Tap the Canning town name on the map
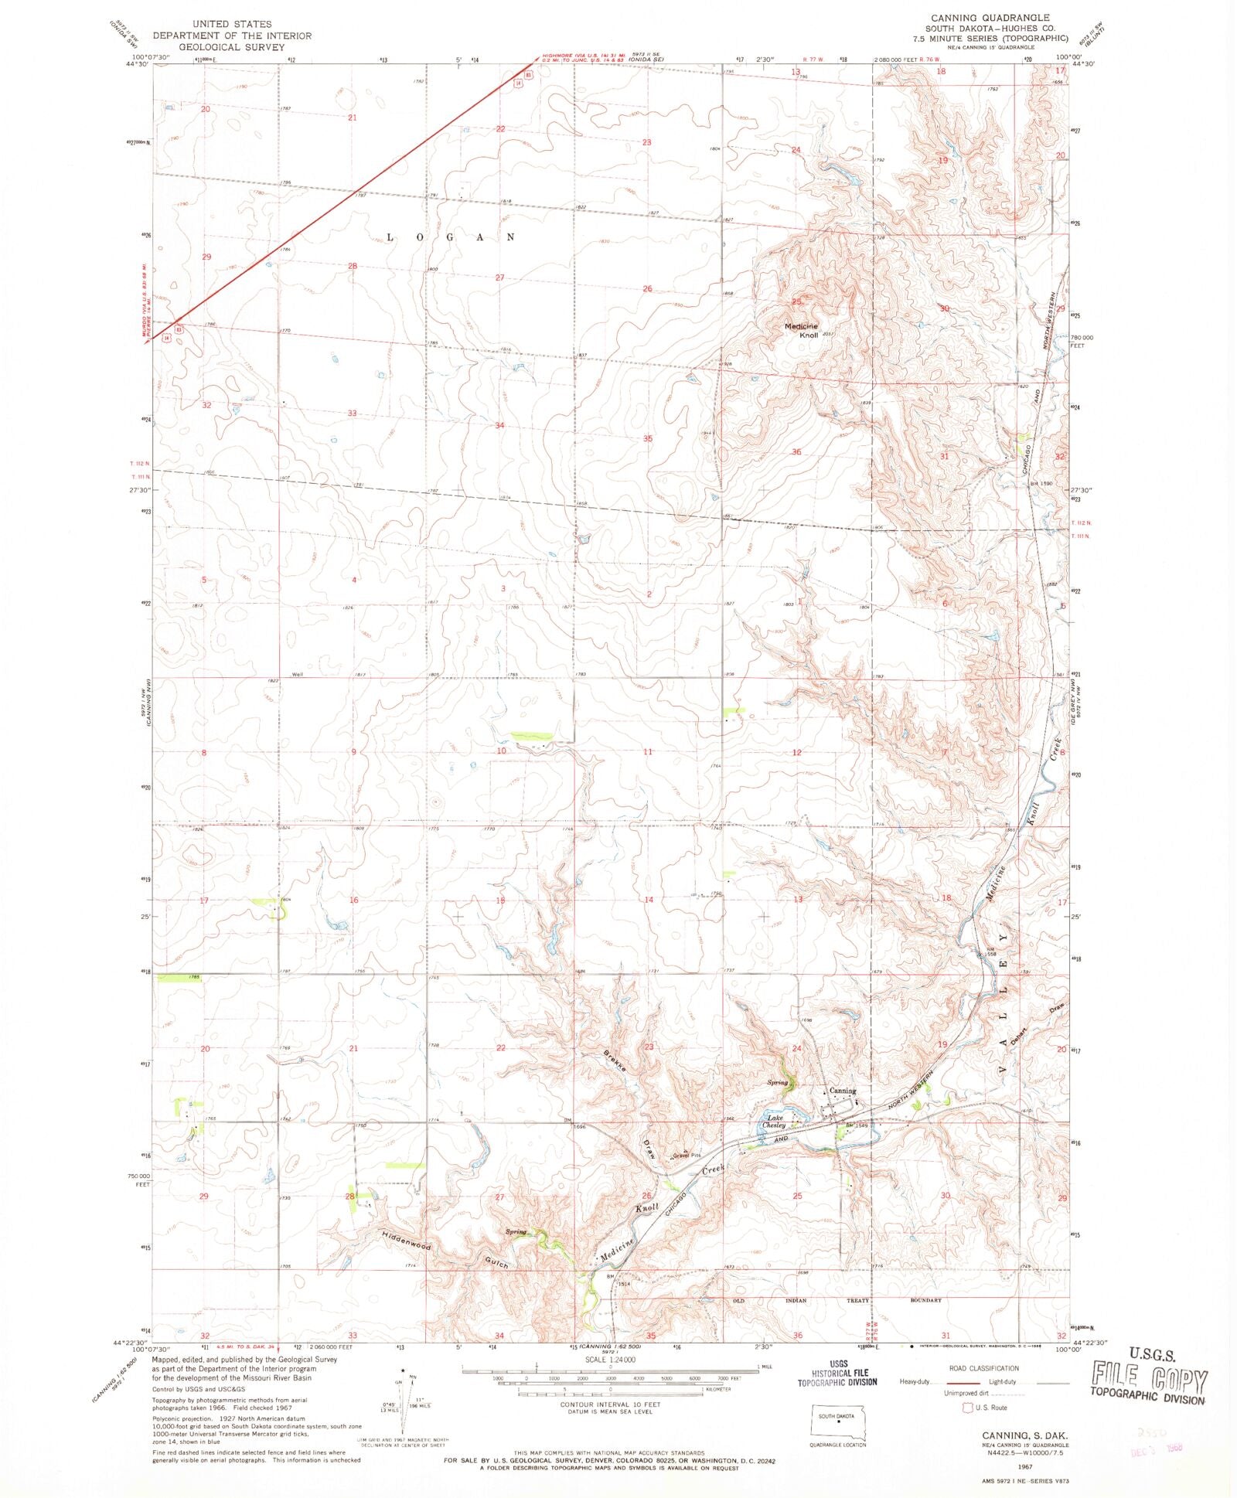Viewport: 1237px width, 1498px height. [843, 1091]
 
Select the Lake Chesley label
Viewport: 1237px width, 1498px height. [775, 1122]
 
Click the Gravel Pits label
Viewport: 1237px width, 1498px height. [687, 1156]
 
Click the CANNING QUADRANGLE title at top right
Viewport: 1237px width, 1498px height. [990, 17]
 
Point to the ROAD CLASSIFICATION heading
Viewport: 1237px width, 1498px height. [983, 1368]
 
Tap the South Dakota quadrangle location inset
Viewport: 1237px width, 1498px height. [837, 1418]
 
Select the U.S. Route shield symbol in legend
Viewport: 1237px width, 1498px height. [966, 1408]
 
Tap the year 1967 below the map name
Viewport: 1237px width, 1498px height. [1025, 1465]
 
